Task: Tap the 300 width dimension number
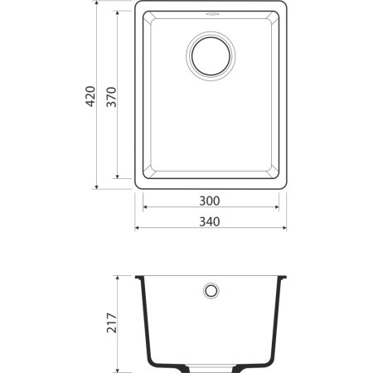click(211, 201)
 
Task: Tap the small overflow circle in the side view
click(211, 291)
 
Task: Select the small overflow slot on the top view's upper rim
click(211, 13)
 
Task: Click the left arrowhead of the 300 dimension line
click(146, 209)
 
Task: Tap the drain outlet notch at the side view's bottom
click(211, 366)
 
